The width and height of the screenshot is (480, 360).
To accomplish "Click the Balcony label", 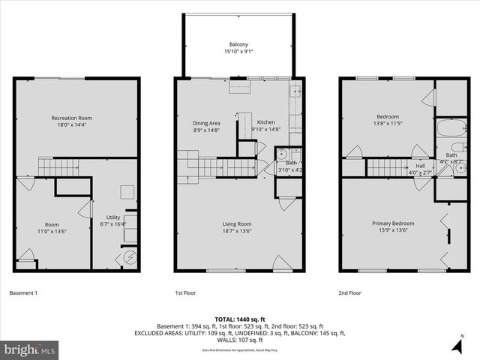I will [239, 44].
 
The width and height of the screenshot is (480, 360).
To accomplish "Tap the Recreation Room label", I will [71, 118].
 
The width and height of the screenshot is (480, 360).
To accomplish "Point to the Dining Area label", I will [206, 122].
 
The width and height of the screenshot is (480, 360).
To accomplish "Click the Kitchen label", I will [266, 122].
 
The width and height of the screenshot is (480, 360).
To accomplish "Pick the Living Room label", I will [236, 223].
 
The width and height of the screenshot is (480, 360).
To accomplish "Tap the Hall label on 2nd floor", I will [421, 166].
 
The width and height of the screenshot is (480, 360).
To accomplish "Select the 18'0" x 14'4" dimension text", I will [71, 125].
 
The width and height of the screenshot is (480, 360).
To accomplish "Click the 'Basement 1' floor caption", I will [23, 292].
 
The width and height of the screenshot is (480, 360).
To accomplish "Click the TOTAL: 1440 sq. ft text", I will [240, 319].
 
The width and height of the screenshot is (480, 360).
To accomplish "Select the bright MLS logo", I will [30, 349].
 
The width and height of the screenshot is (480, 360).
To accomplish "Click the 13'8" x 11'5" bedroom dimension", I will [389, 124].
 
